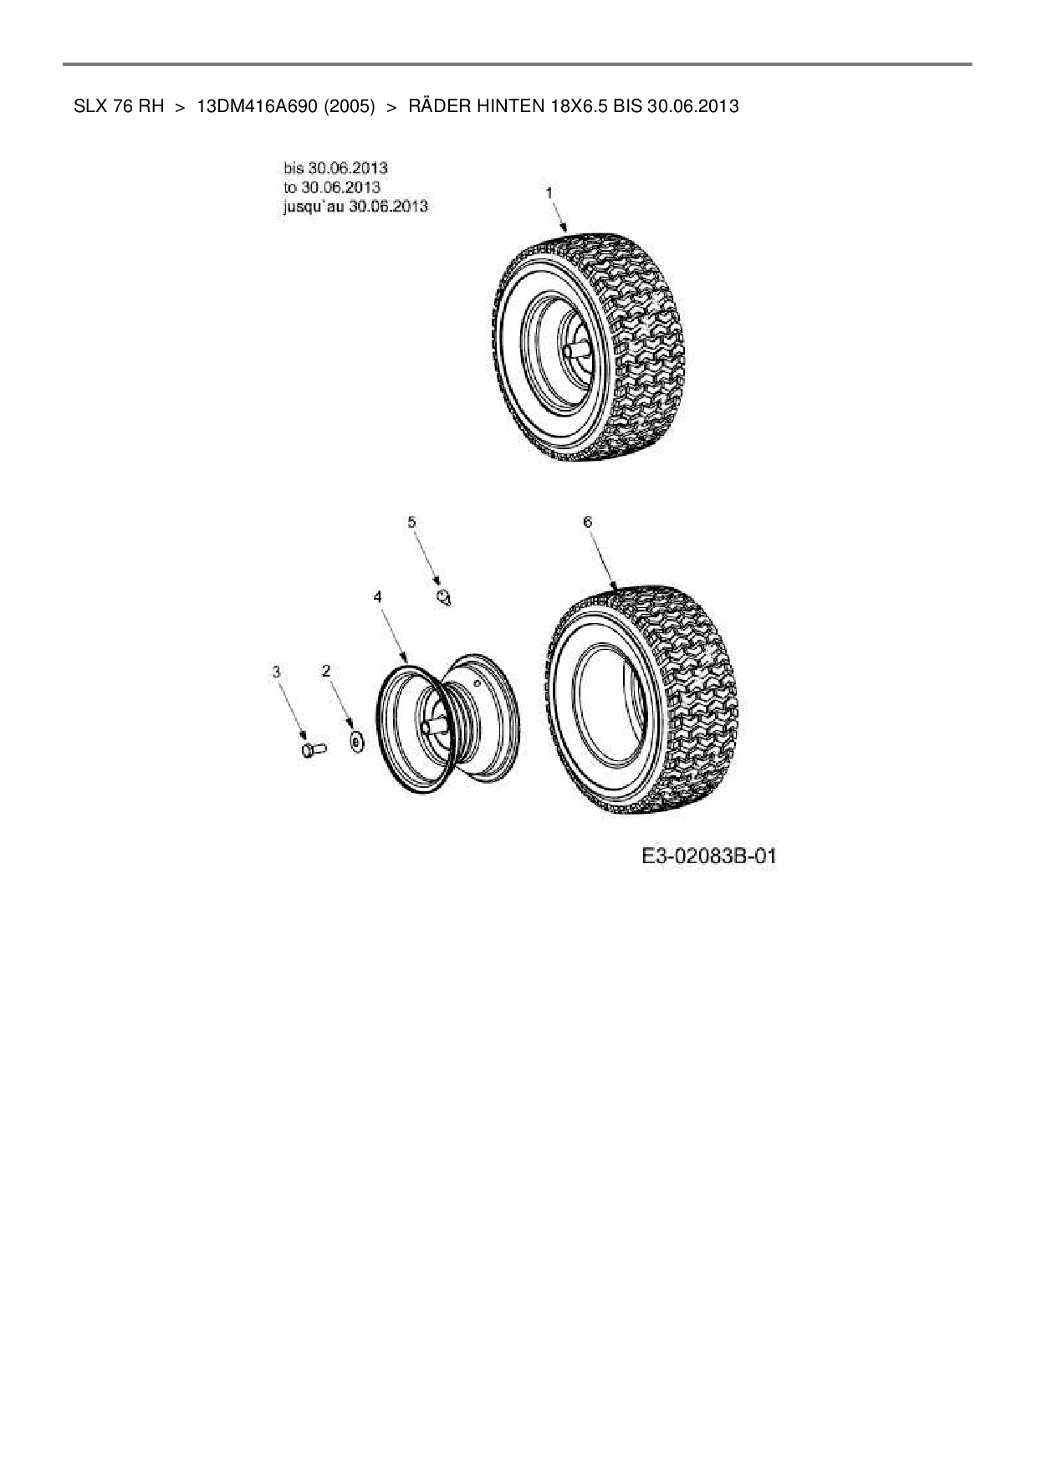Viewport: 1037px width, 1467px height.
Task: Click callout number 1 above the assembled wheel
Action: (549, 193)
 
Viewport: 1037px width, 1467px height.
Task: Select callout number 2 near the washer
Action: (326, 671)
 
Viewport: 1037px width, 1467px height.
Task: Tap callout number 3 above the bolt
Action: (277, 671)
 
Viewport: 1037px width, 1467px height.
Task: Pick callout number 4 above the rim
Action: (378, 596)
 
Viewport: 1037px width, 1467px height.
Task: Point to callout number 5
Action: (411, 522)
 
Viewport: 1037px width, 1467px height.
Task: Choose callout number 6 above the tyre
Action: (587, 522)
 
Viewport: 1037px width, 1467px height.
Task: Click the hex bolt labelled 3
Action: (312, 749)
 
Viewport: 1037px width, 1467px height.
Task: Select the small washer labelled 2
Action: (356, 742)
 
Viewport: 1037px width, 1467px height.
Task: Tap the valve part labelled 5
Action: (443, 596)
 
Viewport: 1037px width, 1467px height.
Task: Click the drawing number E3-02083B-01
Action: (709, 856)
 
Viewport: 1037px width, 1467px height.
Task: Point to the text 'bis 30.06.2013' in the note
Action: (335, 168)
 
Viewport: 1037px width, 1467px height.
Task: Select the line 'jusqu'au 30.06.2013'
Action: (355, 206)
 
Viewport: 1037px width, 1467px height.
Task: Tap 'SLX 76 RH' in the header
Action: (119, 106)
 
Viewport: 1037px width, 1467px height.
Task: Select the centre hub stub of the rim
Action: (432, 727)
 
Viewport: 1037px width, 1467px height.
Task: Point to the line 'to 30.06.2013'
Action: (332, 187)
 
